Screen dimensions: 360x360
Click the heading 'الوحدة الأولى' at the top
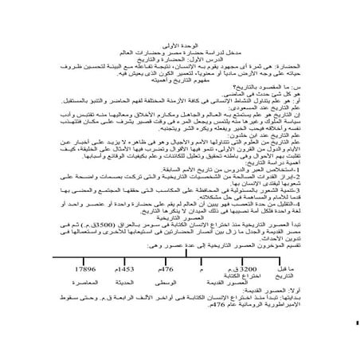pos(180,37)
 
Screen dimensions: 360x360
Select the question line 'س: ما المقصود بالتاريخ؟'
pos(268,90)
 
